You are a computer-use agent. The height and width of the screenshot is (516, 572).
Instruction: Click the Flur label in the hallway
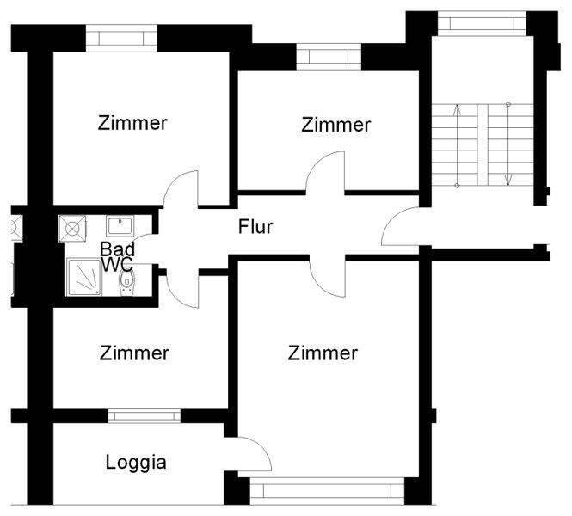[255, 228]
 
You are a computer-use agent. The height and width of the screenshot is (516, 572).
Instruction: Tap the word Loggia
[136, 463]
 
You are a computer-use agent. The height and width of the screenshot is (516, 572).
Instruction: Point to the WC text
[117, 265]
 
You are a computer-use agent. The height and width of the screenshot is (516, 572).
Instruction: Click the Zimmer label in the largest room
[323, 353]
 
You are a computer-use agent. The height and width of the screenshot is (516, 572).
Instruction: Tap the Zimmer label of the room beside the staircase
[335, 125]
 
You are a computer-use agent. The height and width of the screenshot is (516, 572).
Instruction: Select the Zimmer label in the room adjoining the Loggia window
[134, 353]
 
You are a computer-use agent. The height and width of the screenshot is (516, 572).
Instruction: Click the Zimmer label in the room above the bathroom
[132, 122]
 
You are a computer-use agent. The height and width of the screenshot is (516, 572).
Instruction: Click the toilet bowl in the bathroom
[127, 280]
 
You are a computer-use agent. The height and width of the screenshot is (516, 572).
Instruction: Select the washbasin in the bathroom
[119, 226]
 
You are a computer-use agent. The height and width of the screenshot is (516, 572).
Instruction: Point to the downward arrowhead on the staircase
[508, 181]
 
